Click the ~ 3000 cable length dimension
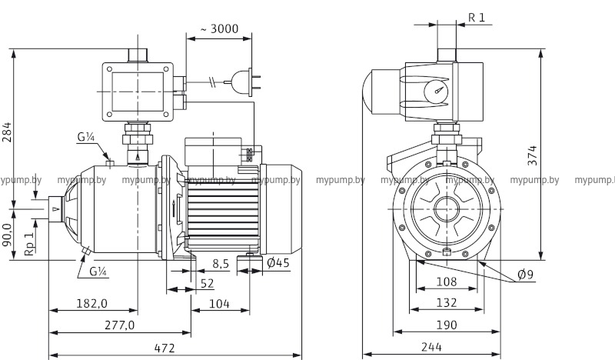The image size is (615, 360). pyautogui.click(x=219, y=29)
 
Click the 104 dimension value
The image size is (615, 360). pyautogui.click(x=220, y=303)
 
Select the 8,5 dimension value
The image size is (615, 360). pyautogui.click(x=220, y=264)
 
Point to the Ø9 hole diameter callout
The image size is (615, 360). pyautogui.click(x=527, y=275)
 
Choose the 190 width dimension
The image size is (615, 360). pyautogui.click(x=441, y=325)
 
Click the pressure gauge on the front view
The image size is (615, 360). pyautogui.click(x=437, y=90)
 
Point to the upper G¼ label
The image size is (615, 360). pyautogui.click(x=85, y=138)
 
